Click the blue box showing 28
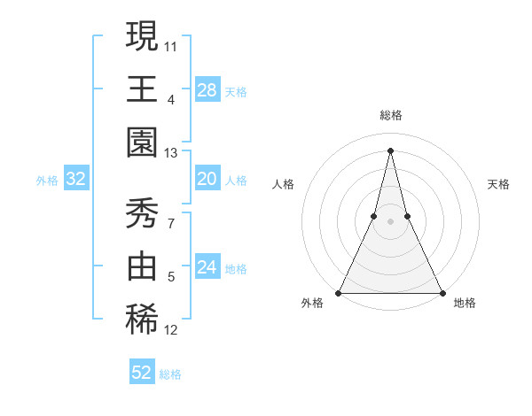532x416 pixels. click(207, 90)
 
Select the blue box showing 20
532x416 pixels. click(207, 180)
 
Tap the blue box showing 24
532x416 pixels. click(207, 268)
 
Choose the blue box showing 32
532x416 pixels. click(75, 180)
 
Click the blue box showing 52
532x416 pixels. click(142, 373)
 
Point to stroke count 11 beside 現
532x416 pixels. click(171, 44)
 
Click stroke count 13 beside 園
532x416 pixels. click(171, 154)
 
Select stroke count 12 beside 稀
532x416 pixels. click(171, 331)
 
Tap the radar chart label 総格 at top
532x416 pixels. click(391, 115)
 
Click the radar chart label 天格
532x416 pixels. click(499, 184)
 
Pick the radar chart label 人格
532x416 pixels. click(283, 184)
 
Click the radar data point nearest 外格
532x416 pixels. click(340, 293)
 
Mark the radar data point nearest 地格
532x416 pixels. click(442, 293)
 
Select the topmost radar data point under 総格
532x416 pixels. click(391, 150)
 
